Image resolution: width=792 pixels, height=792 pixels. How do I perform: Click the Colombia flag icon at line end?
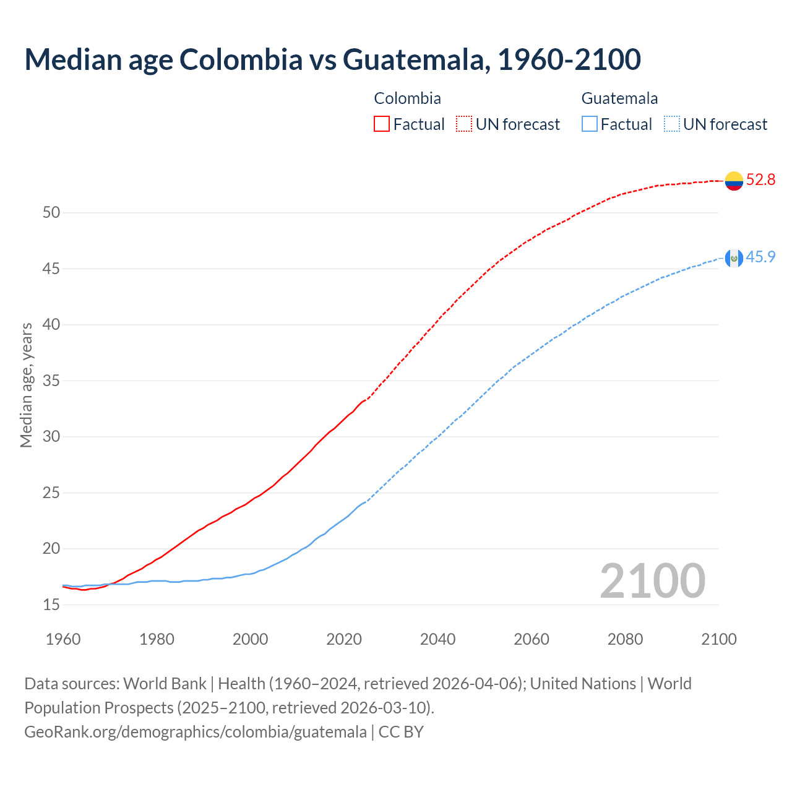pos(734,181)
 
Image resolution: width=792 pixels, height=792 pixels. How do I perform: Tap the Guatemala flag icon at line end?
pos(734,258)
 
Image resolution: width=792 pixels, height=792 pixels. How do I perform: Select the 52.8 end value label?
pos(760,180)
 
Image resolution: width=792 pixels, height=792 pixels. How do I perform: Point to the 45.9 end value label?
pos(760,257)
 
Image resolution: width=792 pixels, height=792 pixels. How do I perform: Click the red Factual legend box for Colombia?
pos(382,124)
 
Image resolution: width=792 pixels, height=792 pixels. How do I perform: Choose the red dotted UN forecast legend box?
pos(464,124)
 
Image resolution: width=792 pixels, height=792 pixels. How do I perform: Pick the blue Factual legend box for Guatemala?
pos(590,124)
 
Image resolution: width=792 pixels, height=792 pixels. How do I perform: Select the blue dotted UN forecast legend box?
pos(671,124)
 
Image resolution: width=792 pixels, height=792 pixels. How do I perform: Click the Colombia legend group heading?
pos(407,98)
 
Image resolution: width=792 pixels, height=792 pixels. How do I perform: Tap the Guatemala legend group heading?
pos(619,98)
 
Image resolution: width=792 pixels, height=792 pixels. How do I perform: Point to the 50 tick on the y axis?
pos(51,213)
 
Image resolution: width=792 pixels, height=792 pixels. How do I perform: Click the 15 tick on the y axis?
pos(51,605)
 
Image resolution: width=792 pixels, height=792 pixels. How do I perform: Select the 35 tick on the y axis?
pos(51,381)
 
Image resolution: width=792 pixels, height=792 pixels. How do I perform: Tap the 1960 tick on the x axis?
pos(63,639)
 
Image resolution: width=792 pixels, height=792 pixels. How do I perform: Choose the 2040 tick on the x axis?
pos(437,639)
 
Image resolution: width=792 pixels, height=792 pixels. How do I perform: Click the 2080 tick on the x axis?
pos(625,639)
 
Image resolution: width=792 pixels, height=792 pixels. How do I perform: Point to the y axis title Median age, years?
pos(26,385)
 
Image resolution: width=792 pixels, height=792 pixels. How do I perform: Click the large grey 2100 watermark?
pos(652,581)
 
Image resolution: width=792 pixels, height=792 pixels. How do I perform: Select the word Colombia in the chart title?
pos(241,59)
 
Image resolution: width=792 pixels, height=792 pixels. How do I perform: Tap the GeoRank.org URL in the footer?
pos(196,732)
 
